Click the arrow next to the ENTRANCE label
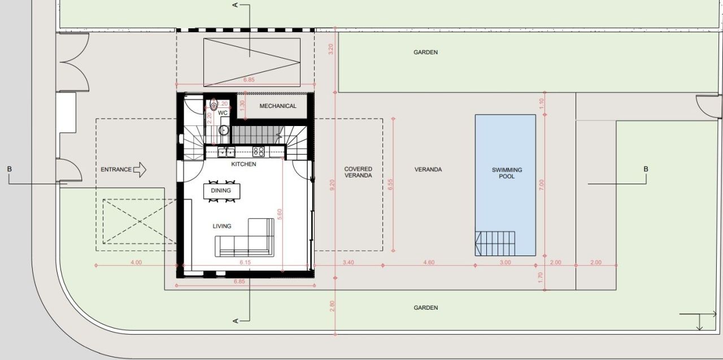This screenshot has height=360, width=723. [140, 169]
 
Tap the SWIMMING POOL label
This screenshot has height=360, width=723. [507, 173]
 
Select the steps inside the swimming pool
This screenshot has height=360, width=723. [496, 244]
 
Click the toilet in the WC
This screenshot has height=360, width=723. [214, 105]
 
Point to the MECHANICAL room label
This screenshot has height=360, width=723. [278, 106]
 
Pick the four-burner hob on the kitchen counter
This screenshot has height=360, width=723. [259, 151]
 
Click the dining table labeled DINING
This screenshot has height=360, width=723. [221, 191]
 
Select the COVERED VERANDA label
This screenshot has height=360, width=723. [358, 172]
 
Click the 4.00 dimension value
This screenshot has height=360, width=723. [136, 262]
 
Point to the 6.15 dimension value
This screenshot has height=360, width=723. [245, 262]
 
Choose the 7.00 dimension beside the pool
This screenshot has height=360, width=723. [541, 184]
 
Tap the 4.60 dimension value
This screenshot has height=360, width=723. [429, 262]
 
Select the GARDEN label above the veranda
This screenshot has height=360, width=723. [425, 52]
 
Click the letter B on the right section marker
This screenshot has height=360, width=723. [646, 169]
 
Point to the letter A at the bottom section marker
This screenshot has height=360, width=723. [236, 321]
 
